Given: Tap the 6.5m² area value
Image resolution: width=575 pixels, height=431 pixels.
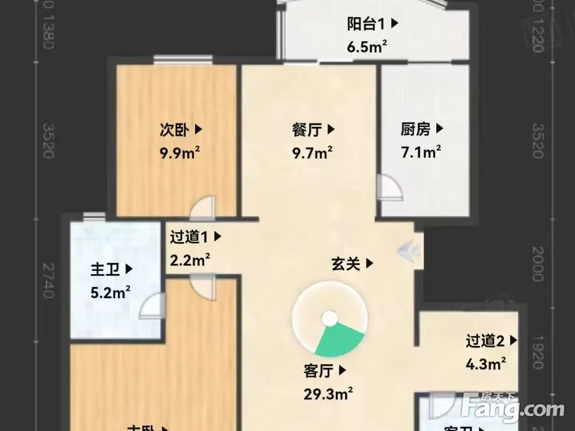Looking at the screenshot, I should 366,47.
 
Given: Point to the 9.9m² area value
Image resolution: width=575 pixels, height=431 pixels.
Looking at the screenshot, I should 180,153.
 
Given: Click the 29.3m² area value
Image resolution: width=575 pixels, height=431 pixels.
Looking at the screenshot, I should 328,394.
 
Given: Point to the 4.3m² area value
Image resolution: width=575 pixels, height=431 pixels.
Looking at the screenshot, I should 486,363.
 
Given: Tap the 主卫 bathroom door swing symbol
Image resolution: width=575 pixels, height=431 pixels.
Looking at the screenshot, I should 151,305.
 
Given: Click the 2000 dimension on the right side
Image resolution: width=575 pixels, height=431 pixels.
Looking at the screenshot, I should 537,264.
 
